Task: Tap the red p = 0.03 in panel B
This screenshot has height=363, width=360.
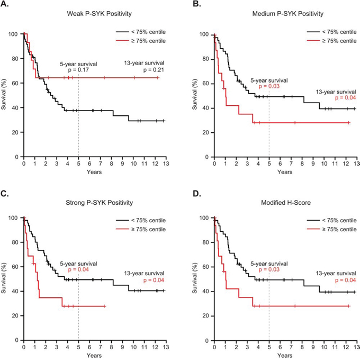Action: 269,86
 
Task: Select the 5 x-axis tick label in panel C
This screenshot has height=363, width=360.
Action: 78,348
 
